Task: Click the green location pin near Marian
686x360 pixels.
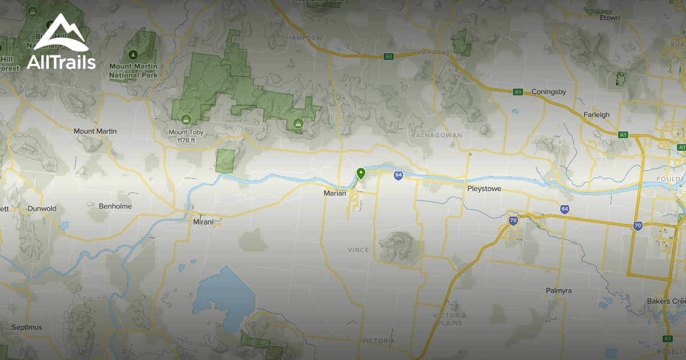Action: pyautogui.click(x=361, y=173)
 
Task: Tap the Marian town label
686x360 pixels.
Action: pyautogui.click(x=335, y=193)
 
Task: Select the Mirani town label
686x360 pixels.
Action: pyautogui.click(x=203, y=221)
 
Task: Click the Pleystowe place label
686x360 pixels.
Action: pyautogui.click(x=484, y=188)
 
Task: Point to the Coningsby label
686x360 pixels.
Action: pyautogui.click(x=548, y=91)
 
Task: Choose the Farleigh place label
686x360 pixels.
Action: pyautogui.click(x=596, y=115)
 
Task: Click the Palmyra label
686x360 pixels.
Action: pyautogui.click(x=559, y=291)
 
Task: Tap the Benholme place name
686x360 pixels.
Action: pyautogui.click(x=115, y=206)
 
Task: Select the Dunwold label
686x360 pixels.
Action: pyautogui.click(x=42, y=209)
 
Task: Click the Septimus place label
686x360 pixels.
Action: pyautogui.click(x=27, y=327)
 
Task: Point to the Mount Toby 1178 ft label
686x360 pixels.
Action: pyautogui.click(x=186, y=136)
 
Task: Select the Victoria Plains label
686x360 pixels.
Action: pyautogui.click(x=449, y=319)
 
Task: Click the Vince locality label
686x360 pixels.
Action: pyautogui.click(x=358, y=250)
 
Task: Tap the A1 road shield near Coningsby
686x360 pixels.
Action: pyautogui.click(x=518, y=91)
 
